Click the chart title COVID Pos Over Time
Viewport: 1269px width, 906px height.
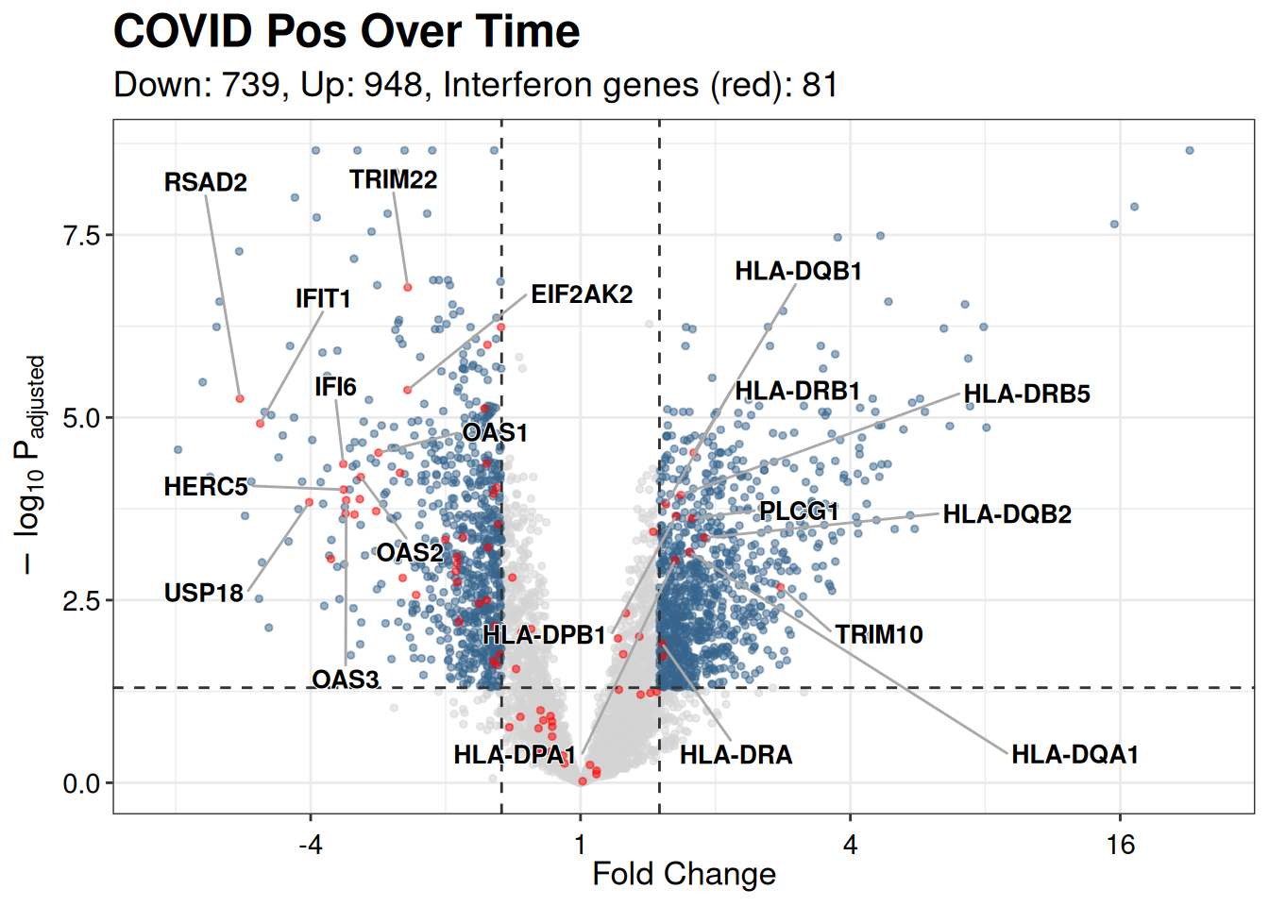pyautogui.click(x=346, y=32)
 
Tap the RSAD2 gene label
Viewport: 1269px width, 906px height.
pyautogui.click(x=205, y=182)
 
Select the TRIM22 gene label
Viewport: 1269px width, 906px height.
pyautogui.click(x=393, y=179)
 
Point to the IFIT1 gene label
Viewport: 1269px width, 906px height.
pyautogui.click(x=323, y=299)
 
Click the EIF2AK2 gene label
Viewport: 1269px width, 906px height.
pyautogui.click(x=581, y=294)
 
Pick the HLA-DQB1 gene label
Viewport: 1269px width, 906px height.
pyautogui.click(x=798, y=272)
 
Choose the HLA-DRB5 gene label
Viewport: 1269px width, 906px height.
pyautogui.click(x=1026, y=394)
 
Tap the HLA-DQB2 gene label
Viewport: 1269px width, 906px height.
pyautogui.click(x=1007, y=514)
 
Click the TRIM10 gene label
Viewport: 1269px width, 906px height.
pyautogui.click(x=878, y=634)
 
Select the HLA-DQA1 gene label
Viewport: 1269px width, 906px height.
pyautogui.click(x=1074, y=755)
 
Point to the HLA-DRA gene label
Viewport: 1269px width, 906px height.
pyautogui.click(x=736, y=755)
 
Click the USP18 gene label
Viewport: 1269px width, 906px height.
pyautogui.click(x=203, y=594)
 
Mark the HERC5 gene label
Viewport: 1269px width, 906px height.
pyautogui.click(x=205, y=487)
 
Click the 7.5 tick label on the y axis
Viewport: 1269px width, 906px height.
pyautogui.click(x=81, y=235)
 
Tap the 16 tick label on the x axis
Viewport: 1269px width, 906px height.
pyautogui.click(x=1120, y=844)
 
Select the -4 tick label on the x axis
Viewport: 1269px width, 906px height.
pyautogui.click(x=310, y=844)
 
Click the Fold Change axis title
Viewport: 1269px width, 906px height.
pyautogui.click(x=684, y=874)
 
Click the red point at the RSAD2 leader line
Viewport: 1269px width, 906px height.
pyautogui.click(x=240, y=399)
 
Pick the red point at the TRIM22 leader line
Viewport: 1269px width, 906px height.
pyautogui.click(x=408, y=287)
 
